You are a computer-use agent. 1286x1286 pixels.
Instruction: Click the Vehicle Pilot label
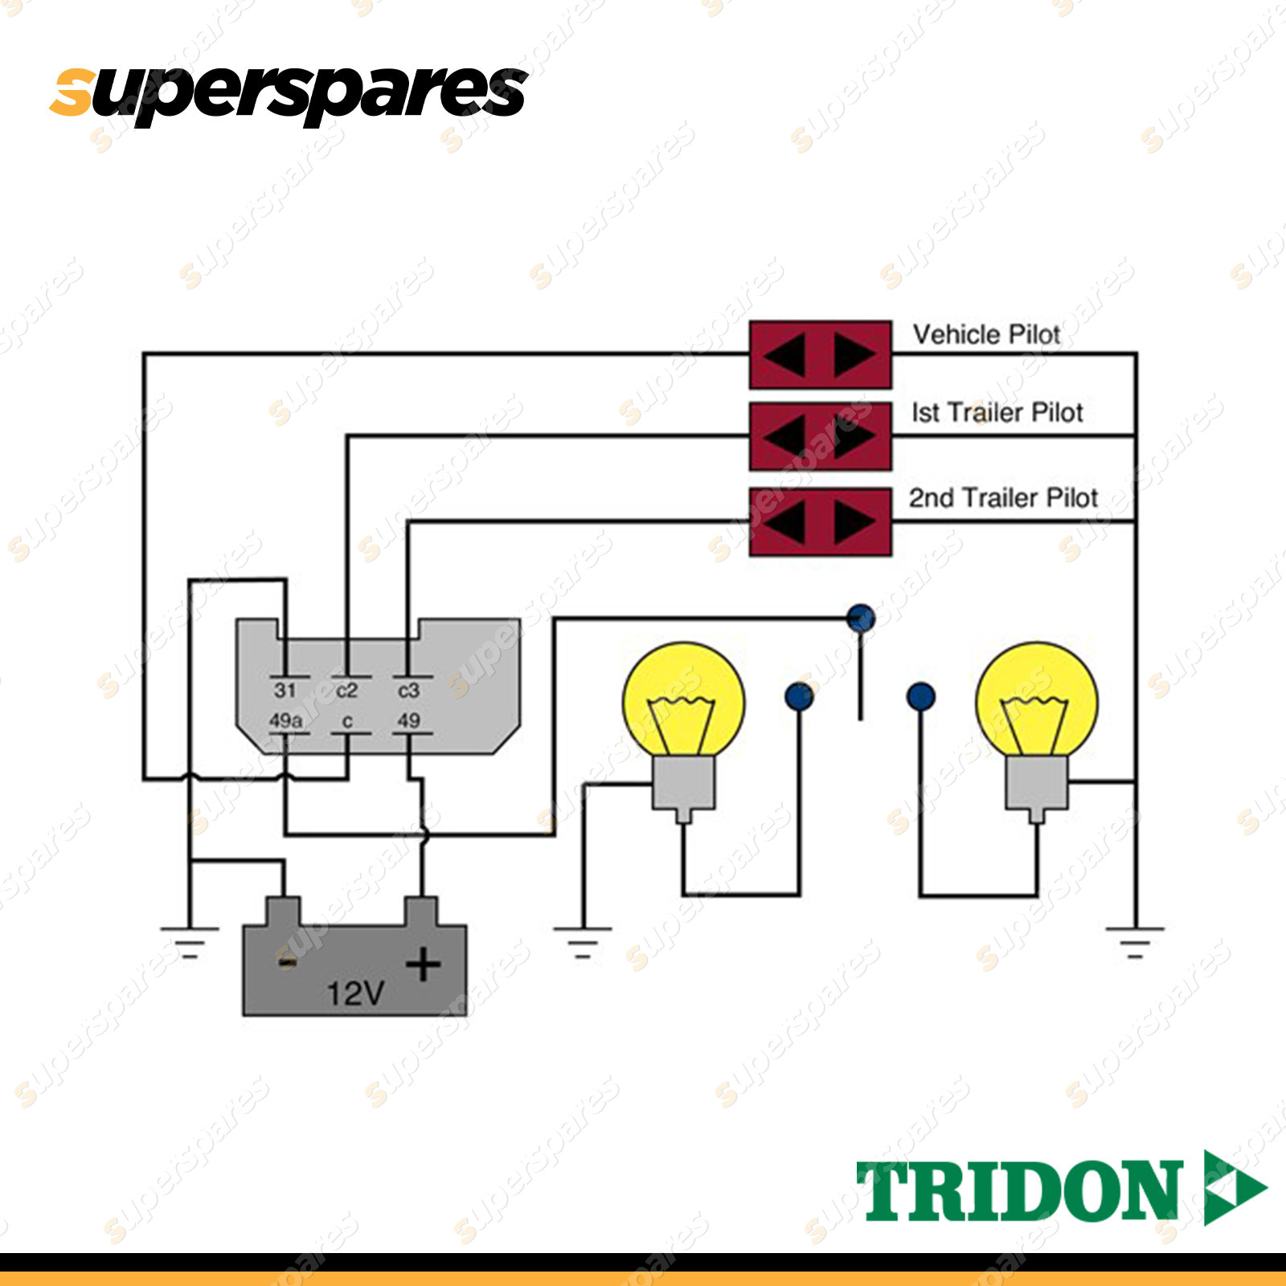tap(986, 334)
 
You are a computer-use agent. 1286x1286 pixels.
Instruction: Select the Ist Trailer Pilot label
tap(997, 412)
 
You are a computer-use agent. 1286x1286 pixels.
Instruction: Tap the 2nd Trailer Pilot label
tap(1003, 498)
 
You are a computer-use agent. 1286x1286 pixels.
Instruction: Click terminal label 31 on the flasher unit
tap(285, 690)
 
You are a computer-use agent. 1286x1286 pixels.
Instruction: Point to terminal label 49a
tap(285, 721)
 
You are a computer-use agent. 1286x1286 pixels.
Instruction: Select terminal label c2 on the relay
tap(346, 690)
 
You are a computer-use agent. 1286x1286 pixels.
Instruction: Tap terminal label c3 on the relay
tap(408, 690)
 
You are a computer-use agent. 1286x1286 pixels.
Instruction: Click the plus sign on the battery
tap(423, 964)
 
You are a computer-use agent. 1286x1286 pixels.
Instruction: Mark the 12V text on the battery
tap(355, 994)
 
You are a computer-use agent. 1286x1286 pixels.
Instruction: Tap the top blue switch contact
tap(861, 617)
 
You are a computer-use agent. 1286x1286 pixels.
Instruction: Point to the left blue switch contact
tap(799, 696)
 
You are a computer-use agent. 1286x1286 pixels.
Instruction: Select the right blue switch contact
tap(920, 696)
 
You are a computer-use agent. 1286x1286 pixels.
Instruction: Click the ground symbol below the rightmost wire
tap(1134, 941)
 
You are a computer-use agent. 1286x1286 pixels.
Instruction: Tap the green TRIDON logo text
tap(1019, 1191)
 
